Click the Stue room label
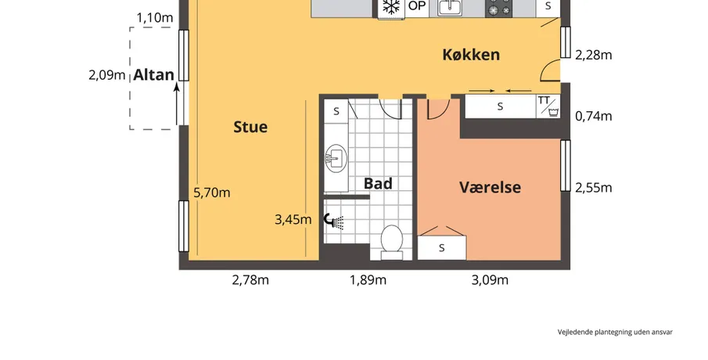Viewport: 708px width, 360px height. [x=250, y=127]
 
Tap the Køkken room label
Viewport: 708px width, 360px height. [x=471, y=55]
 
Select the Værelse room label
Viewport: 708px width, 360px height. [x=490, y=187]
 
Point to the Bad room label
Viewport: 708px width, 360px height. [x=378, y=183]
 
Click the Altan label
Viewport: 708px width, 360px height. [x=153, y=75]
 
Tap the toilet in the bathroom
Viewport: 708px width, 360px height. [x=391, y=243]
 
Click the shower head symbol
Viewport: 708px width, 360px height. [x=334, y=221]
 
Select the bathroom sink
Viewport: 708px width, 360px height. [x=336, y=159]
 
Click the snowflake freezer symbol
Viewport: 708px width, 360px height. [x=391, y=7]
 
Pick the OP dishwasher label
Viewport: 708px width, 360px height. [x=417, y=6]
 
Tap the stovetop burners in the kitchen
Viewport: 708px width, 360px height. [x=499, y=8]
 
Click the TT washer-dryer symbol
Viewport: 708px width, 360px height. [x=548, y=106]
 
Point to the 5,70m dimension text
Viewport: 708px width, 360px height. [x=212, y=193]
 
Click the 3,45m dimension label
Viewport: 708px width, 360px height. [x=293, y=220]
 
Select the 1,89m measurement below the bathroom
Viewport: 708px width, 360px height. [x=368, y=280]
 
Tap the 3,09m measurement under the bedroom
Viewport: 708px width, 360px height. [x=490, y=280]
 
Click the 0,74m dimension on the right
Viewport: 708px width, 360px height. [x=594, y=116]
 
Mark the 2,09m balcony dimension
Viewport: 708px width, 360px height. [x=107, y=75]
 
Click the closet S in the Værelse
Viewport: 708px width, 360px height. [x=441, y=248]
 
